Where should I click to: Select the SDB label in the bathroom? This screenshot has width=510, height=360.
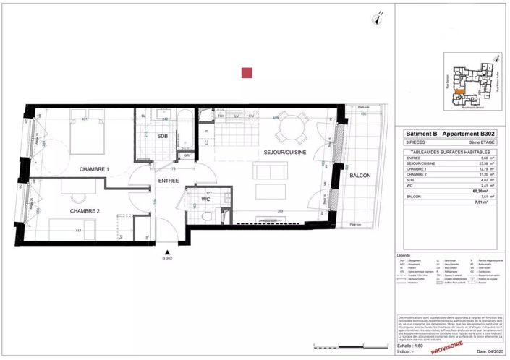tap(163, 136)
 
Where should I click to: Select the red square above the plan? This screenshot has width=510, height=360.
tap(247, 72)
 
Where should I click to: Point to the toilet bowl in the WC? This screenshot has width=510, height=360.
tap(208, 215)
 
